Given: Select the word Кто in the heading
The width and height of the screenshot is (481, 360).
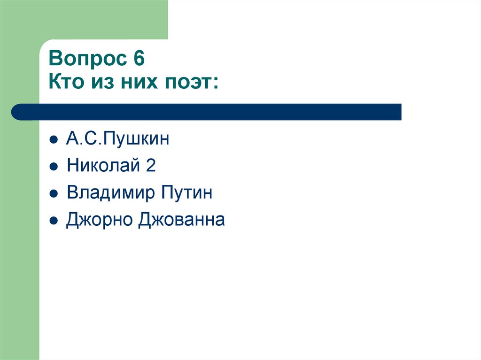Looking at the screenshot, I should pos(65,83).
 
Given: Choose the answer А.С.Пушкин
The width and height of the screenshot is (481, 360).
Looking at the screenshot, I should pos(117,139).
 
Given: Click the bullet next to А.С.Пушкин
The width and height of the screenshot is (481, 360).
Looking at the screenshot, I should pos(54,140).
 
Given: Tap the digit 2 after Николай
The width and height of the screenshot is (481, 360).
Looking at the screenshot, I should pos(150,166).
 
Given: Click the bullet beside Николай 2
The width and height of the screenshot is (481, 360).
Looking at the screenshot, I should pos(54,167).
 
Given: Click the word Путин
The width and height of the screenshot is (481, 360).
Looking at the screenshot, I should pos(187,192).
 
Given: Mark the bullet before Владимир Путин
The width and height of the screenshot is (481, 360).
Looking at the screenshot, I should pos(54,193).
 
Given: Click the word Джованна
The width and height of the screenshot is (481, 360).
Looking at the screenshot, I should pos(181,219).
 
